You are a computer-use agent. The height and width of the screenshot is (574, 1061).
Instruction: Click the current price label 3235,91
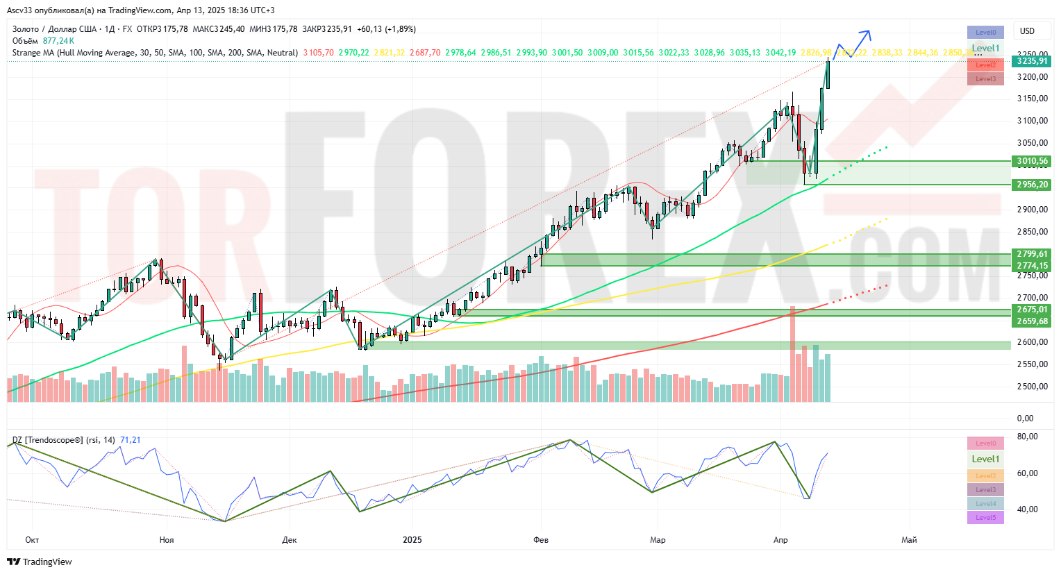point(1032,61)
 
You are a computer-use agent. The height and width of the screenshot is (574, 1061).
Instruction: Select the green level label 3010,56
point(1032,161)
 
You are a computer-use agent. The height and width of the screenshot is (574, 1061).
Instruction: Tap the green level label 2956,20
point(1032,185)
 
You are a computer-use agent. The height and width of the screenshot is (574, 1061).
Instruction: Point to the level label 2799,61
point(1032,254)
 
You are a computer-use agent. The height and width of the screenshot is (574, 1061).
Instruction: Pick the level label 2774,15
point(1032,266)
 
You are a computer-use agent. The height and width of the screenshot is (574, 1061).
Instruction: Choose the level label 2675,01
point(1032,310)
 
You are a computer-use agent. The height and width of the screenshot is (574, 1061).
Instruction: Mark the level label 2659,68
point(1032,321)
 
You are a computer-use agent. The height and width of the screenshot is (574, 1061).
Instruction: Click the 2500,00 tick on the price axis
point(1032,387)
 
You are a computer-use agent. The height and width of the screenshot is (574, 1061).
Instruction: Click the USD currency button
point(1027,31)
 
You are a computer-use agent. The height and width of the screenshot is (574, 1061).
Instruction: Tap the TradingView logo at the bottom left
point(40,562)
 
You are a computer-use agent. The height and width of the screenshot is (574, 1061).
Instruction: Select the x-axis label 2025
point(412,540)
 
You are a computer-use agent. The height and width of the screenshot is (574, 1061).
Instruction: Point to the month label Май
point(908,540)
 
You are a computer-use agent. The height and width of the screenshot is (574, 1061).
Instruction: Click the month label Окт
point(31,540)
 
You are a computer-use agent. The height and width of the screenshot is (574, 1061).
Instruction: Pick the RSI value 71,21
point(131,440)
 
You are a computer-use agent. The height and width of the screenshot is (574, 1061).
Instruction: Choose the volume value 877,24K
point(58,41)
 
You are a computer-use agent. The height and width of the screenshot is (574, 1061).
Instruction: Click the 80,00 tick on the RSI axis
point(1027,437)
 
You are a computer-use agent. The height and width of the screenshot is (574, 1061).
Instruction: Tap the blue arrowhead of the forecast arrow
point(867,32)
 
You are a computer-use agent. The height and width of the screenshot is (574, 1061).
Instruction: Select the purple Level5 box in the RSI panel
point(985,518)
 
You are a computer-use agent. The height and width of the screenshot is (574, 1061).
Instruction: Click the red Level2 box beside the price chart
point(985,65)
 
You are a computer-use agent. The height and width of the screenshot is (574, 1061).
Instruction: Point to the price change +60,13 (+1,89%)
point(386,29)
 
